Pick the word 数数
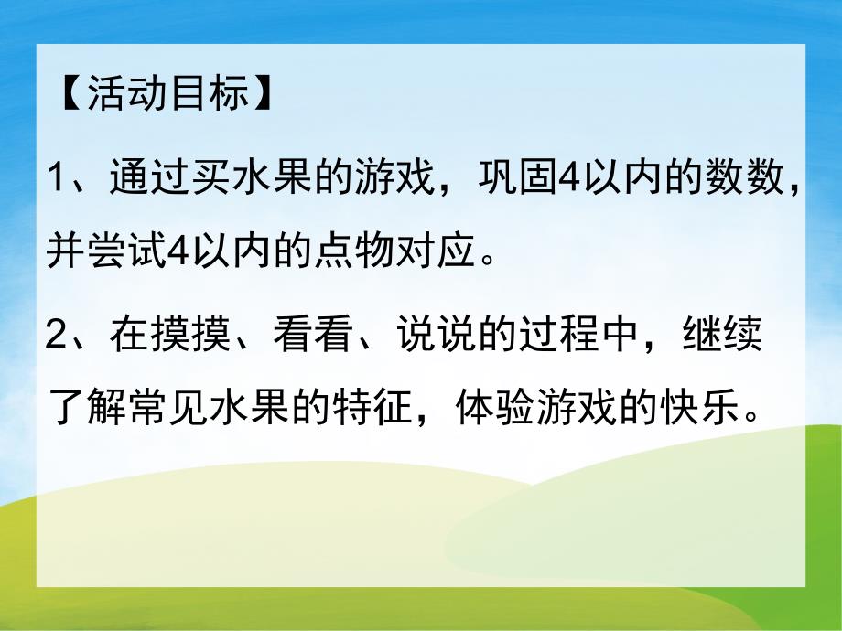click(x=749, y=175)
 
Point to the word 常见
click(x=169, y=415)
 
